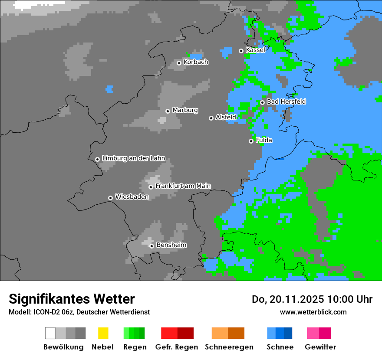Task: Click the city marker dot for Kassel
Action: coord(241,51)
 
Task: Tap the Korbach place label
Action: coord(196,62)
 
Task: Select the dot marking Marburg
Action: coord(168,111)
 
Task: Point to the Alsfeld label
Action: coord(226,117)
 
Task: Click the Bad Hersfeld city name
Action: coord(286,101)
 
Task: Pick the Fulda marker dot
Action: coord(251,141)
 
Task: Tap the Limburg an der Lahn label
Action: coord(134,158)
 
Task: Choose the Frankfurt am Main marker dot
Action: coord(151,187)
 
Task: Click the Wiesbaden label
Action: coord(132,196)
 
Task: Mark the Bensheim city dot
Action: coord(151,246)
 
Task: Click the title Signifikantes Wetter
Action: coord(72,299)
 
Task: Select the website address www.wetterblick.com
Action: coord(313,312)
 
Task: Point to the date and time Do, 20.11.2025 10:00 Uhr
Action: coord(312,299)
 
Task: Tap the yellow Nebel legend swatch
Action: coord(103,333)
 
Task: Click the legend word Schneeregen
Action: coord(228,347)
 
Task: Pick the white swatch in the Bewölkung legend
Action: coord(50,333)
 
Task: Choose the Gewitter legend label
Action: coord(320,347)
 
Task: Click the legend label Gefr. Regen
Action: coord(177,347)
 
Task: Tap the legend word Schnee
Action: coord(280,347)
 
